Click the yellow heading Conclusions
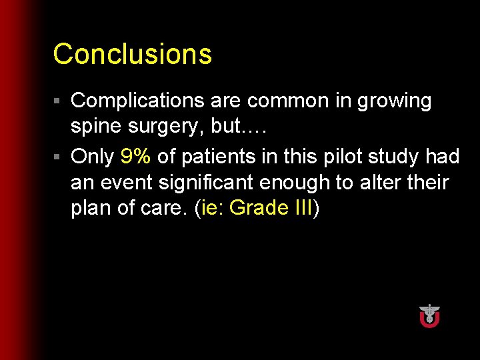click(132, 54)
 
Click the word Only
click(92, 157)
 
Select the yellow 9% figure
click(136, 157)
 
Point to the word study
click(391, 157)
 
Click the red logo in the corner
click(429, 315)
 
